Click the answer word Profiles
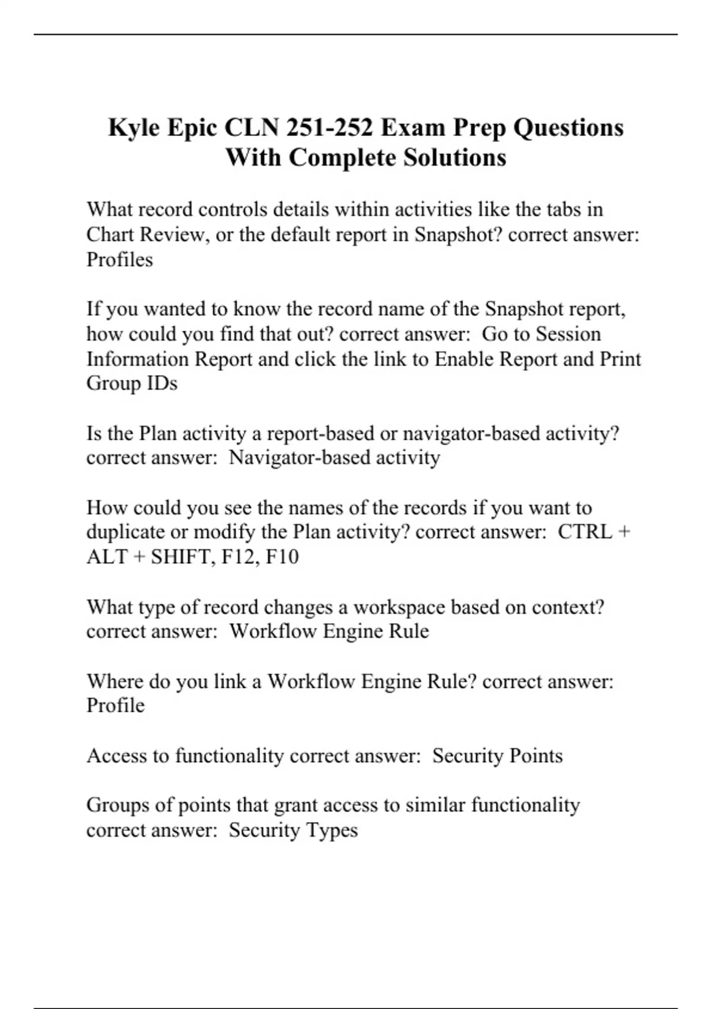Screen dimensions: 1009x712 tap(119, 259)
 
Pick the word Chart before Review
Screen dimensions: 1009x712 tap(110, 234)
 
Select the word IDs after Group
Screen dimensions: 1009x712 tap(163, 383)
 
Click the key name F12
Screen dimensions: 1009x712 tap(240, 557)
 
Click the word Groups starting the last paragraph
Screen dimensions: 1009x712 tap(117, 805)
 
